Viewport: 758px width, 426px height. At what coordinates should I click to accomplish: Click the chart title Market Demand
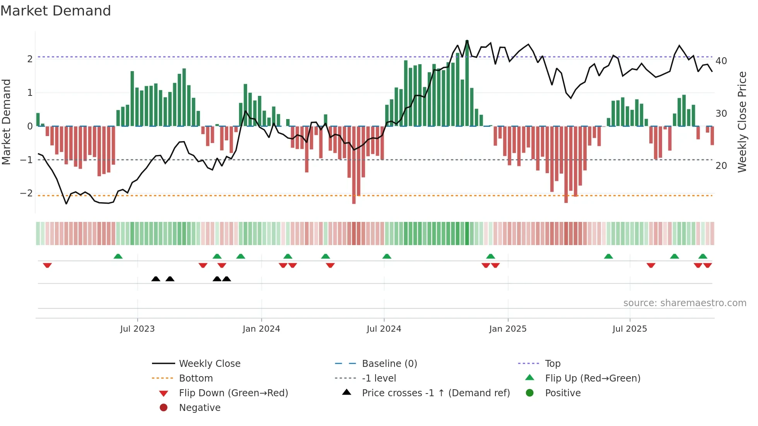(x=56, y=11)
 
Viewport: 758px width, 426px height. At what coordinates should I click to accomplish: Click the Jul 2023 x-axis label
(x=137, y=329)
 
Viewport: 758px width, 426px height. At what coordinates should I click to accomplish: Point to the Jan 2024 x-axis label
(x=261, y=329)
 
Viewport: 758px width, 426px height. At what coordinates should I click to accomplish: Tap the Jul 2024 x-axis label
(x=384, y=329)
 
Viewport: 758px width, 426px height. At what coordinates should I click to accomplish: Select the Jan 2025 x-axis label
(x=507, y=329)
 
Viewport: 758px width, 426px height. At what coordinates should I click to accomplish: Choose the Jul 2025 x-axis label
(x=630, y=329)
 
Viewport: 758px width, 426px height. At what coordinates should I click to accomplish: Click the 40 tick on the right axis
(x=721, y=61)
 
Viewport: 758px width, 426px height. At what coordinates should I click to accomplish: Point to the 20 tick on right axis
(x=721, y=166)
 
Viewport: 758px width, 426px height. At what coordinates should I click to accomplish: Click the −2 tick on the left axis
(x=27, y=193)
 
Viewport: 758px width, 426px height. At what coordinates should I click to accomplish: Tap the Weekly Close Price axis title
(x=742, y=122)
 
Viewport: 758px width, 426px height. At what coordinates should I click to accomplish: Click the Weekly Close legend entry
(x=209, y=364)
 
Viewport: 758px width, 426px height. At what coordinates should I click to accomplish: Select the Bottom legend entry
(x=196, y=378)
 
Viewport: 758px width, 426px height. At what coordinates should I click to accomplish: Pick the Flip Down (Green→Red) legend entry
(x=233, y=393)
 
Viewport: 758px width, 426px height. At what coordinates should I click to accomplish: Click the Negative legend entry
(x=200, y=408)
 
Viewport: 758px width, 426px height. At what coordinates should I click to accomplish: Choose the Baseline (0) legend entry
(x=389, y=364)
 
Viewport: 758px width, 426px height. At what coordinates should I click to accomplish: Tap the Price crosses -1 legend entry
(x=435, y=393)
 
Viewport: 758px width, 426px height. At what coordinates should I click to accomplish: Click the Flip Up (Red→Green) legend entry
(x=592, y=378)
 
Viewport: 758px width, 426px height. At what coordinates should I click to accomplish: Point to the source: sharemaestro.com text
(x=685, y=303)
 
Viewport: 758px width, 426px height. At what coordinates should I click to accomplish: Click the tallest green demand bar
(x=467, y=83)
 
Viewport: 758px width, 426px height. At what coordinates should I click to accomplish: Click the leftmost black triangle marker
(x=156, y=279)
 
